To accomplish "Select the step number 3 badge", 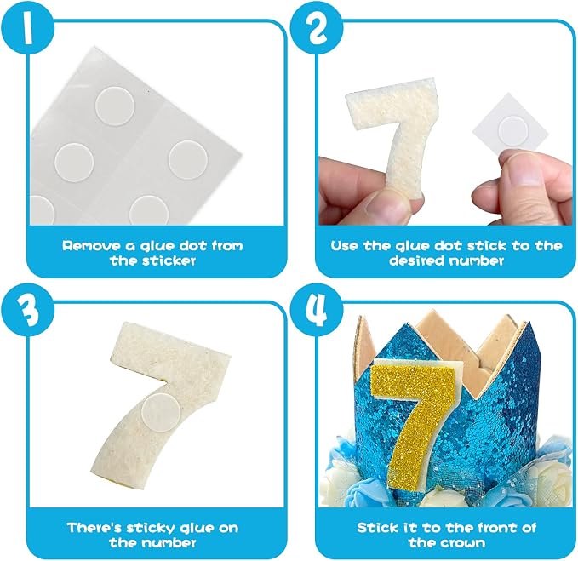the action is [x=26, y=311].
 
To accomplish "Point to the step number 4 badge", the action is [x=317, y=311].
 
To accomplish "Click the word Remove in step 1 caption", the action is [x=92, y=246].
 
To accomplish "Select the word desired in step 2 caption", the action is [x=416, y=261].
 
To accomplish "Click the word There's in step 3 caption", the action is [x=94, y=528].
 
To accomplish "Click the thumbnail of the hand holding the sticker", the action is [x=524, y=176].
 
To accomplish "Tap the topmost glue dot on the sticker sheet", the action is [x=115, y=106].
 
